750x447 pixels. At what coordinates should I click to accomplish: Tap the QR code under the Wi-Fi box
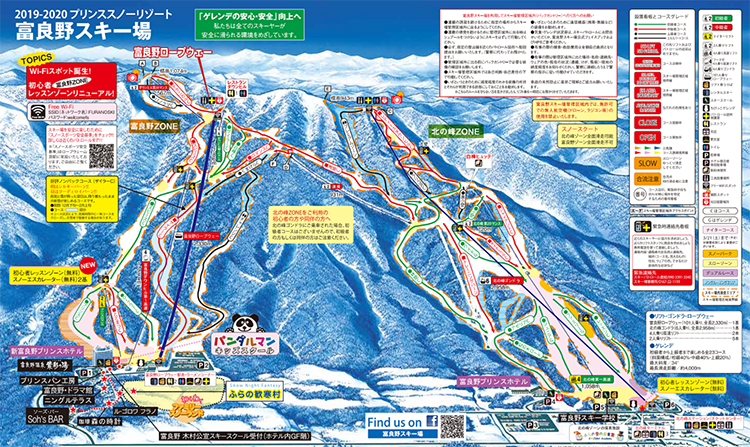tap(102, 156)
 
